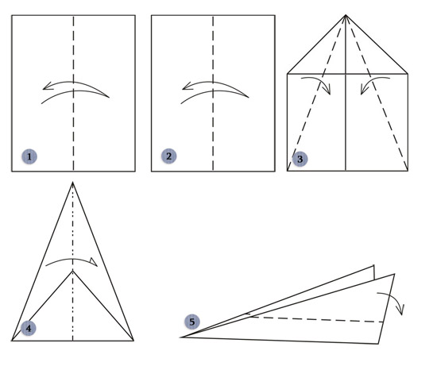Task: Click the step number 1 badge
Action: pos(29,156)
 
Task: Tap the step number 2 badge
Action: pos(168,156)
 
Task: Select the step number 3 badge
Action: pos(300,159)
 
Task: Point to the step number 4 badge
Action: pos(29,328)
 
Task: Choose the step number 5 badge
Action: pos(192,322)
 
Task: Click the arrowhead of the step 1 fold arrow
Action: pos(46,86)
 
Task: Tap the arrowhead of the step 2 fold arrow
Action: pos(186,86)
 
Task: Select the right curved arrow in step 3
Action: pos(371,81)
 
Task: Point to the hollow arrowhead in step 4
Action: pos(94,262)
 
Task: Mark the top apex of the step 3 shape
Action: pos(346,15)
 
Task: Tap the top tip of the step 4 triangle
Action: pos(73,183)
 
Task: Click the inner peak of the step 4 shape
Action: pos(73,271)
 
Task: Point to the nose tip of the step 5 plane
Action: pos(181,337)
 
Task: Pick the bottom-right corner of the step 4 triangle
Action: pos(133,340)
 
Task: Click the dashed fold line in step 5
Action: pos(317,319)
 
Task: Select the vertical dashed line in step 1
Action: pos(74,93)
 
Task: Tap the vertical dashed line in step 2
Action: pos(213,93)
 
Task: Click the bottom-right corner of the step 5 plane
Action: pos(378,344)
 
